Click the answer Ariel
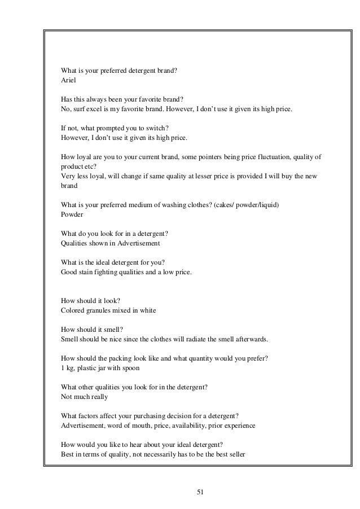point(68,81)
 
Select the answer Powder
point(72,214)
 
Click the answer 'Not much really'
point(84,397)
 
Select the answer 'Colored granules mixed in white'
point(108,310)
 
